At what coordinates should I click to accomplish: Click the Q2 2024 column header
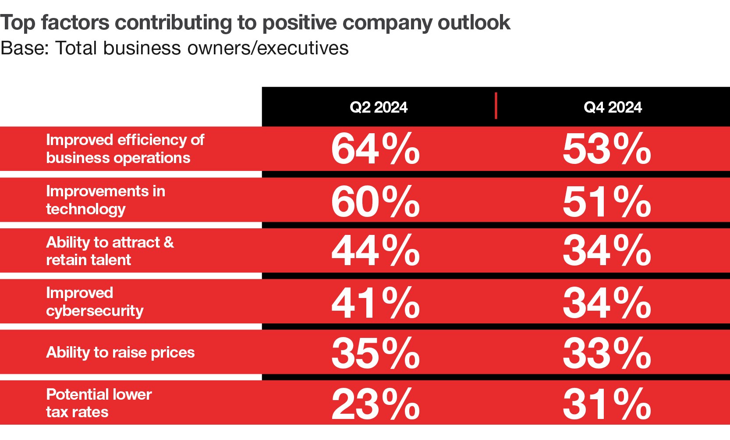click(x=379, y=107)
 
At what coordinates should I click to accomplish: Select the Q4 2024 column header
click(x=613, y=107)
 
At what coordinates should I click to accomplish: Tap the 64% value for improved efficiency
click(x=376, y=149)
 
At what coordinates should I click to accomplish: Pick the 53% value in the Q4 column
click(x=607, y=149)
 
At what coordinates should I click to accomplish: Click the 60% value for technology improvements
click(x=376, y=202)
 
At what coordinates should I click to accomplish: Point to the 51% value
click(x=607, y=202)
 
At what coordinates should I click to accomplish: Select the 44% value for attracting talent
click(x=376, y=251)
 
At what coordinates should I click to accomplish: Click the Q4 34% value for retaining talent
click(x=607, y=251)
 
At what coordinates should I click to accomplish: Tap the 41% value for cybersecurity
click(x=376, y=303)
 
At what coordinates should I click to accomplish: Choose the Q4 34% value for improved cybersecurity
click(x=607, y=303)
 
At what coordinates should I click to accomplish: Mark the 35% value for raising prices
click(x=376, y=353)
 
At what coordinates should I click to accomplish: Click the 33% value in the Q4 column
click(x=607, y=353)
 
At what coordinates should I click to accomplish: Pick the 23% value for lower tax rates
click(x=376, y=404)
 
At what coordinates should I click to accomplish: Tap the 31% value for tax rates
click(x=607, y=404)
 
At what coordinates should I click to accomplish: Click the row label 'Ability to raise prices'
click(x=120, y=353)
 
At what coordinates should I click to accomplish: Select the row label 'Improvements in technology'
click(x=106, y=200)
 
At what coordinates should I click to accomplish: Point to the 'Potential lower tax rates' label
click(x=99, y=403)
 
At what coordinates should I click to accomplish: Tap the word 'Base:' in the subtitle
click(x=25, y=48)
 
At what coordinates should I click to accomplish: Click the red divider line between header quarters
click(x=496, y=106)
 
